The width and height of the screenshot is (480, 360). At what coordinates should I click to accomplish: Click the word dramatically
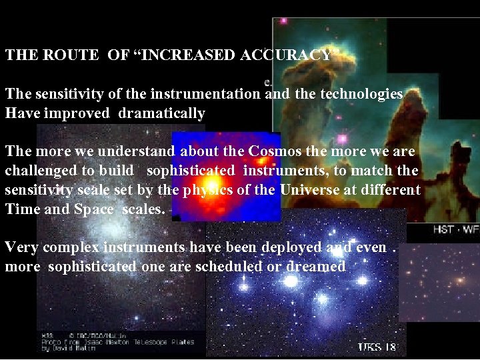click(162, 113)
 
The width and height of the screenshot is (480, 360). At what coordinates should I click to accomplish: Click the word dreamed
click(315, 267)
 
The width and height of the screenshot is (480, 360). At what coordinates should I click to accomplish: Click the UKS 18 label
click(377, 347)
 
